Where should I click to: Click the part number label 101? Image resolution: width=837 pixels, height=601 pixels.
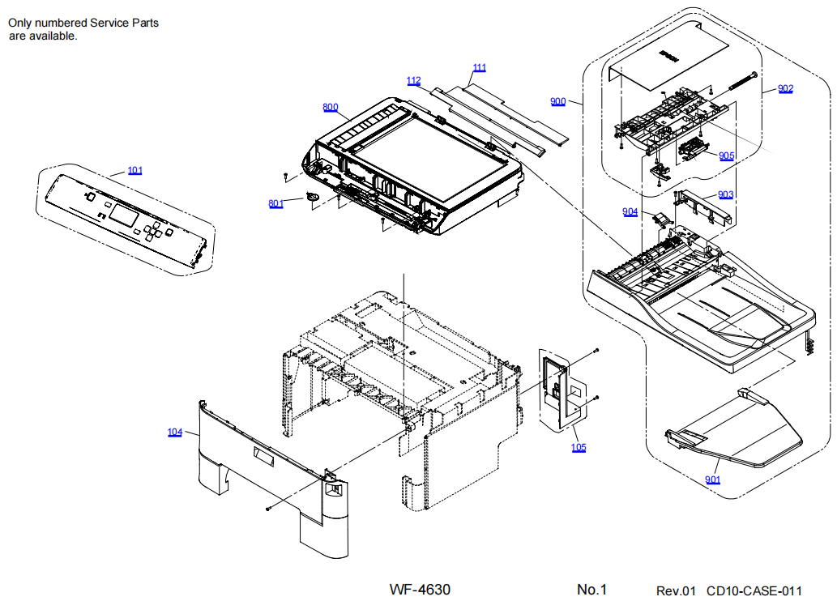[135, 170]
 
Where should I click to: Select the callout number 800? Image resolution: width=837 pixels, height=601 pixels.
[330, 107]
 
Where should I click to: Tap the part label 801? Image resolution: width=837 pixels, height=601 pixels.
[275, 203]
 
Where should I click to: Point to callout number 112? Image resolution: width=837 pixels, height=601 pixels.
[414, 80]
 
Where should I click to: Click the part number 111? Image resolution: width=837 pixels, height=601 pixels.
[480, 67]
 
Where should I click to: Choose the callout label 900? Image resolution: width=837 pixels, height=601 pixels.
[557, 101]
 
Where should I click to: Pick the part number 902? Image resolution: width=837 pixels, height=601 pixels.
[785, 88]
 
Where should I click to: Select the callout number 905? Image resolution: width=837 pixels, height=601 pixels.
[726, 156]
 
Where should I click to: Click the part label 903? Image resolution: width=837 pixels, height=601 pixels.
[725, 194]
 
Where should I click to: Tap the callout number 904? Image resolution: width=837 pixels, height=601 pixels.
[630, 211]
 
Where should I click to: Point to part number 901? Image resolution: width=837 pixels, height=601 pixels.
[712, 480]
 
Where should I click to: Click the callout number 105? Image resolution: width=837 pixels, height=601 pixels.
[578, 447]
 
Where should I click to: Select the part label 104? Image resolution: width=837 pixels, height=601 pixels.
[175, 432]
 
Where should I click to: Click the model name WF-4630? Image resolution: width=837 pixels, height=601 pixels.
[420, 590]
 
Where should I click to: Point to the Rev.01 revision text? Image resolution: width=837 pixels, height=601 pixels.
[676, 590]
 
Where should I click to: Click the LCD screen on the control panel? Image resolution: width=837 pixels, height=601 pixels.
[126, 215]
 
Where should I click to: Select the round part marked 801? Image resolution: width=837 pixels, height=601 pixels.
[314, 196]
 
